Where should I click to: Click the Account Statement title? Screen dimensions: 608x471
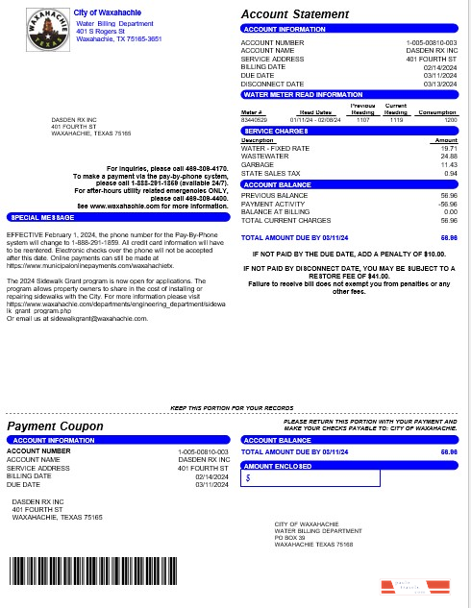pyautogui.click(x=294, y=14)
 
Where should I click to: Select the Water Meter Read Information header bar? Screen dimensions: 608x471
pyautogui.click(x=349, y=95)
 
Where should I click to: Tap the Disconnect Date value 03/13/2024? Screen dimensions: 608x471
pyautogui.click(x=440, y=84)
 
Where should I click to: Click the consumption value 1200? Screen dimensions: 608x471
pyautogui.click(x=449, y=120)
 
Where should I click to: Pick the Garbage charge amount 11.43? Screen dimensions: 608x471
pyautogui.click(x=448, y=164)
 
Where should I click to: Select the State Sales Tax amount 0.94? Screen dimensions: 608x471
pyautogui.click(x=450, y=173)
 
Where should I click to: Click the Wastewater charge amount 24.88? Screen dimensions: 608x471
pyautogui.click(x=448, y=157)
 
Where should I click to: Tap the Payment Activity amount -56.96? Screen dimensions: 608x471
pyautogui.click(x=447, y=204)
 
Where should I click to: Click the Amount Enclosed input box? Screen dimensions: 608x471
pyautogui.click(x=310, y=477)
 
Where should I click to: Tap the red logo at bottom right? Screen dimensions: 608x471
pyautogui.click(x=414, y=585)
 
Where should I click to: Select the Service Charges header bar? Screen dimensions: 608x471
pyautogui.click(x=349, y=131)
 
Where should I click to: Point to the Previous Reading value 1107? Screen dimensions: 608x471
pyautogui.click(x=362, y=120)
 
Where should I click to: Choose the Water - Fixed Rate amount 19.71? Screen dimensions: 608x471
pyautogui.click(x=448, y=149)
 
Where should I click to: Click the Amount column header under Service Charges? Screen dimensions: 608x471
pyautogui.click(x=445, y=141)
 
